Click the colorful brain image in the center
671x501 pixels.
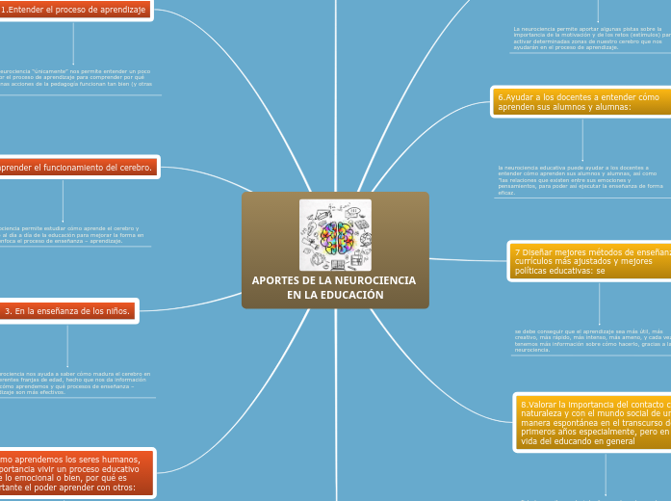335,234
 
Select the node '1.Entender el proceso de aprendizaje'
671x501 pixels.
73,10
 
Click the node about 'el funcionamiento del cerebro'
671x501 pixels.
77,168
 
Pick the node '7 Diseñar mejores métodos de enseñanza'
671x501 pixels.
589,261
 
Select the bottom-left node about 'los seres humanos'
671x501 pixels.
77,471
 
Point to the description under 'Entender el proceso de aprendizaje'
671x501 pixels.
77,78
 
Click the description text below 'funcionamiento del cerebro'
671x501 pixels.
72,235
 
